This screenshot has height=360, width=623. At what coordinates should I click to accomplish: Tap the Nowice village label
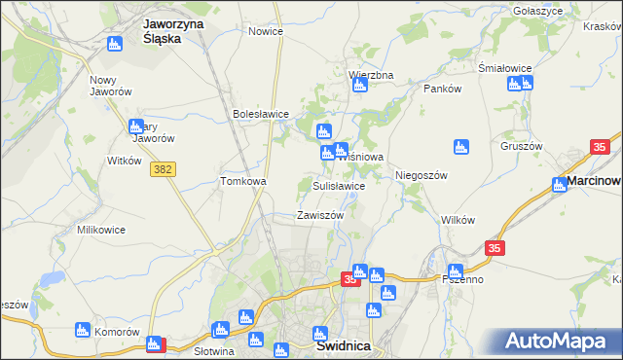266,31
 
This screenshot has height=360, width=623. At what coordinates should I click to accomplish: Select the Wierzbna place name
371,74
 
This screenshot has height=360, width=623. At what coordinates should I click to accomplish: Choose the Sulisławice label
339,185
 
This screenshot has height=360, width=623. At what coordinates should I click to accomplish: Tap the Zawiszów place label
320,215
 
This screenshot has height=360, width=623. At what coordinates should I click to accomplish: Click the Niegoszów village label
421,175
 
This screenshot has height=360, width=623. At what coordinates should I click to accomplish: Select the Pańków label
441,89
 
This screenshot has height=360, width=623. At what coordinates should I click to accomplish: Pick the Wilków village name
458,220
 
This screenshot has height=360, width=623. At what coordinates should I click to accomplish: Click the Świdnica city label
342,345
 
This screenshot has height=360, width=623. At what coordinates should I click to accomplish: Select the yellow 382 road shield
163,169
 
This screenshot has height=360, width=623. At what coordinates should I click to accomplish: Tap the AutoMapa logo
558,342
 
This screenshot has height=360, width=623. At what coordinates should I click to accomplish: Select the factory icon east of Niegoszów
462,147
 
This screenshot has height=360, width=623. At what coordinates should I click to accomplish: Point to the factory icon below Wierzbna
359,86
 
